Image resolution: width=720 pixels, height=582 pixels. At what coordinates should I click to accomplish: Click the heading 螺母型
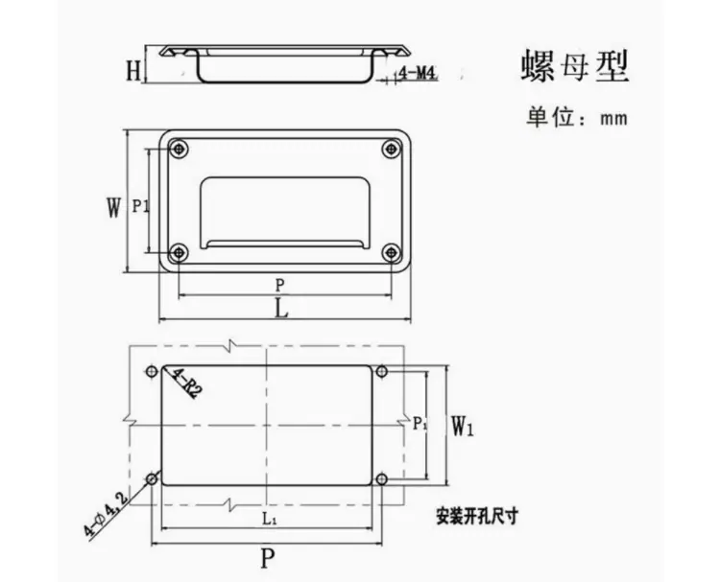coord(574,67)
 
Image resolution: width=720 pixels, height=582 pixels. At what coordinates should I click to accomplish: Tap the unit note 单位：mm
coord(577,117)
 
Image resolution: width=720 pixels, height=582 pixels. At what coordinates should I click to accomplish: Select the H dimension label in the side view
coord(133,71)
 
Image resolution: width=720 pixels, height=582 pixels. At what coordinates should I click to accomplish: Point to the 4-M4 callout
coord(417,73)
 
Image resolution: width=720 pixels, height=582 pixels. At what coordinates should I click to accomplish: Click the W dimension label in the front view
coord(113,207)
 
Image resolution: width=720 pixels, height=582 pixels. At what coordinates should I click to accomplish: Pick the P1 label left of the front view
coord(140,206)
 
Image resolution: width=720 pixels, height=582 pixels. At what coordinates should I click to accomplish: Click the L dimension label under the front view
coord(281,309)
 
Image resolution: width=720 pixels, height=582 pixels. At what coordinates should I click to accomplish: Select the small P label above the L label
coord(279,286)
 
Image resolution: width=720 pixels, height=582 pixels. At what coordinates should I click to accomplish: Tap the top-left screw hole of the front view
coord(179,149)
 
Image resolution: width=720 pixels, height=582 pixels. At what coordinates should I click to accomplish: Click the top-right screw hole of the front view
coord(391,149)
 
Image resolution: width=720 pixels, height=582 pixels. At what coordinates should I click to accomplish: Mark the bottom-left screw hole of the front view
coord(179,252)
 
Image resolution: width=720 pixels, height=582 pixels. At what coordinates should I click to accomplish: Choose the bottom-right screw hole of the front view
coord(391,252)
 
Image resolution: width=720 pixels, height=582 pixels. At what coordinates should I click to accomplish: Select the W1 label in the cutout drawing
coord(462,426)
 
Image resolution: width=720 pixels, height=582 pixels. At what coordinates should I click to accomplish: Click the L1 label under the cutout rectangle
coord(269,519)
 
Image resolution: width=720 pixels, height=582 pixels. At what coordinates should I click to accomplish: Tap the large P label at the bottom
coord(268,558)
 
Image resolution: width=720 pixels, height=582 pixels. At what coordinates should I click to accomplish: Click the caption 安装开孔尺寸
coord(476,517)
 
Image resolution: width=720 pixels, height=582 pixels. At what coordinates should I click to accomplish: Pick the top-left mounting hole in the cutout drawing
coord(152,371)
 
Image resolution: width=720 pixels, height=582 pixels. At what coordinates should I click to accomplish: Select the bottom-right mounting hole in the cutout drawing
coord(381,479)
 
